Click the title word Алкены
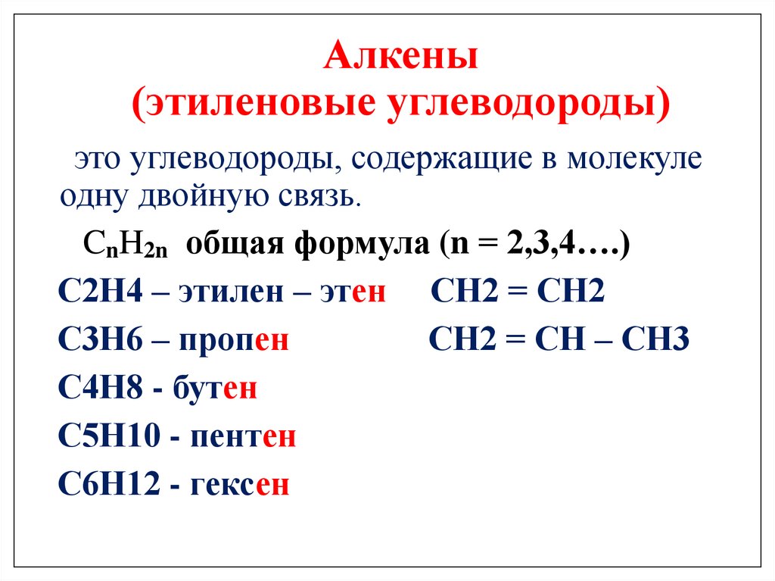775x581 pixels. click(x=401, y=58)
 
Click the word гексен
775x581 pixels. click(x=240, y=485)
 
